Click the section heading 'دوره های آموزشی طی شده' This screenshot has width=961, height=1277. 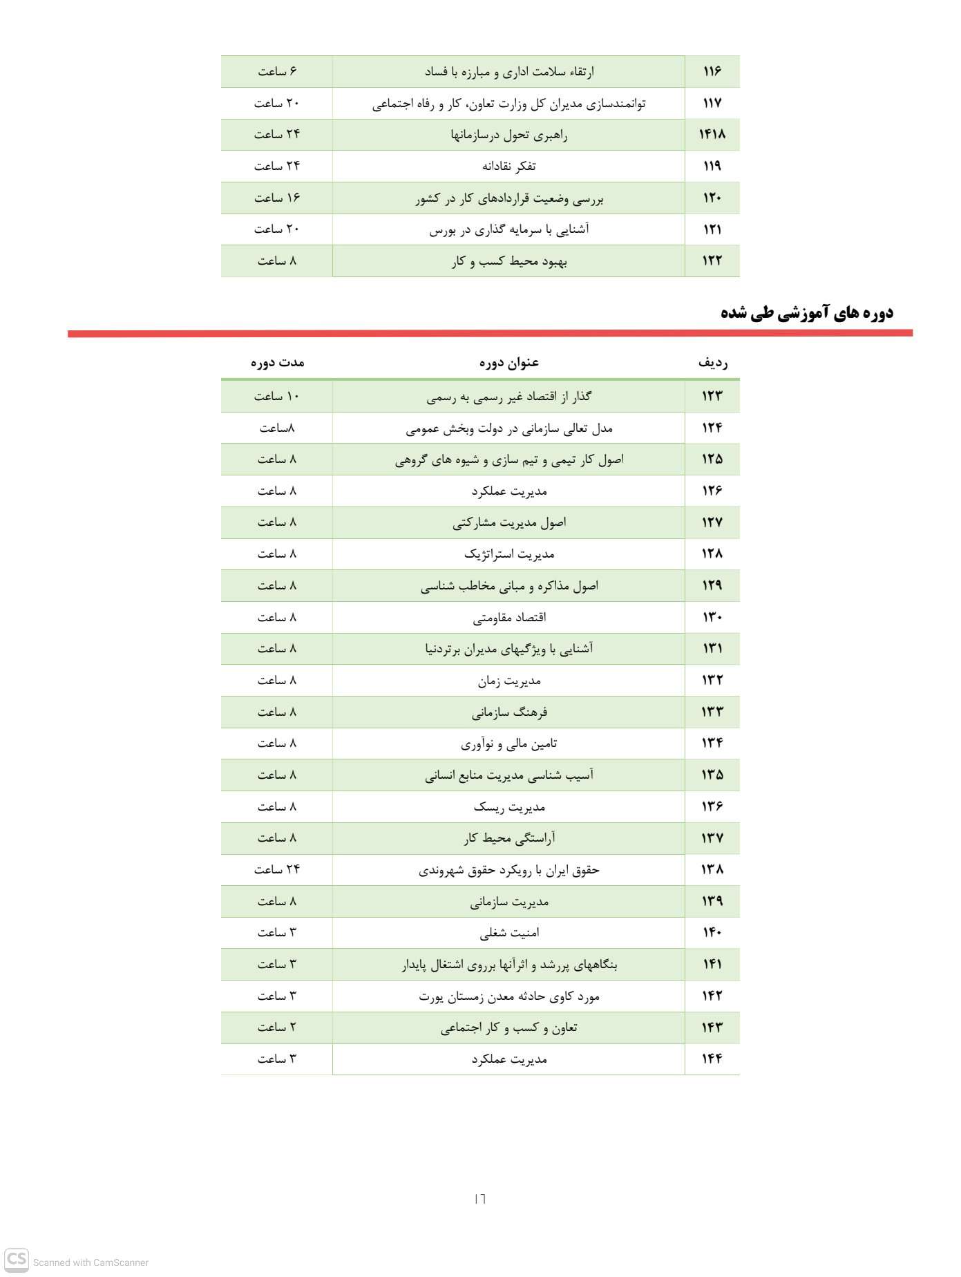806,312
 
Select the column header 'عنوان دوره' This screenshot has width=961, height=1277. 508,362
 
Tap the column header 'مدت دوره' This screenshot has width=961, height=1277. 277,362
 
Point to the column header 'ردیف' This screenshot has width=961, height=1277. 712,362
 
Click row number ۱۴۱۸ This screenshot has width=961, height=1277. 712,134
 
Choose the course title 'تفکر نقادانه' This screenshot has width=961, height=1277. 508,166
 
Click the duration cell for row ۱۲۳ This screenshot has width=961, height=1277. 277,396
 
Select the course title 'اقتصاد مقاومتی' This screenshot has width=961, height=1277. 509,617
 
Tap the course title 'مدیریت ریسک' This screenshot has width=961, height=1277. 509,806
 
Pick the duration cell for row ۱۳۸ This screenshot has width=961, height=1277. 277,869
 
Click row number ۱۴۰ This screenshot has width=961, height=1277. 712,932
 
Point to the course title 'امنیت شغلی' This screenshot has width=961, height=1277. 509,933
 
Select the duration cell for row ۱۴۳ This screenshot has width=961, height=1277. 277,1027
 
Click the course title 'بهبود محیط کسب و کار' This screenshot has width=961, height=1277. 509,261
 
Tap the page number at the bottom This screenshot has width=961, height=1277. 480,1198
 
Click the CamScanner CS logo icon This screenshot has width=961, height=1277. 17,1260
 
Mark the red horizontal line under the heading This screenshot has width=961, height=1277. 490,334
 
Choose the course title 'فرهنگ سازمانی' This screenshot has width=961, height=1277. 509,712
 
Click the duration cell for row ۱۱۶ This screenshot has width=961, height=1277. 277,71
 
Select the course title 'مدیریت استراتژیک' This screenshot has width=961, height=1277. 509,554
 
